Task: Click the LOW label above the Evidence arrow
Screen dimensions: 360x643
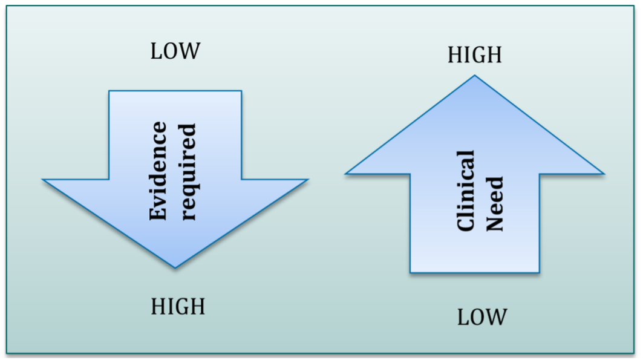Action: pyautogui.click(x=175, y=51)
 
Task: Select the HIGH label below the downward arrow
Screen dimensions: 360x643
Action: pyautogui.click(x=178, y=307)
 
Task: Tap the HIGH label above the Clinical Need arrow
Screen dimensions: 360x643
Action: pyautogui.click(x=475, y=55)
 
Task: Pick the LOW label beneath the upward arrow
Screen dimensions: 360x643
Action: pyautogui.click(x=481, y=316)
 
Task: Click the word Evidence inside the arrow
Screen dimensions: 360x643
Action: pyautogui.click(x=158, y=171)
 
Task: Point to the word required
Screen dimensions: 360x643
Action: pyautogui.click(x=188, y=172)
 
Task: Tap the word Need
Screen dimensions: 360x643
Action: pyautogui.click(x=495, y=203)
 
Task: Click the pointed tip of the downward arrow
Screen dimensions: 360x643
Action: pyautogui.click(x=175, y=267)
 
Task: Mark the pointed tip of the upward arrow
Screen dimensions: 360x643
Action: pyautogui.click(x=475, y=76)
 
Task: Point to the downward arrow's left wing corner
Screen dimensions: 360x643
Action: pyautogui.click(x=43, y=179)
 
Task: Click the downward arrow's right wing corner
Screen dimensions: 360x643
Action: pyautogui.click(x=308, y=179)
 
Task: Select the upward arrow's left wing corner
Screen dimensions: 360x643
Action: pyautogui.click(x=346, y=174)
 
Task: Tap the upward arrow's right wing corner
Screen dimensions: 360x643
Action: pyautogui.click(x=604, y=174)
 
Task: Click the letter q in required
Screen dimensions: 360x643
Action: pyautogui.click(x=189, y=191)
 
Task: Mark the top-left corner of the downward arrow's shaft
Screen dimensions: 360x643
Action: pyautogui.click(x=109, y=91)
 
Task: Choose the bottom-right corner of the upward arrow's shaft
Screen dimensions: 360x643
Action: pyautogui.click(x=539, y=272)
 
